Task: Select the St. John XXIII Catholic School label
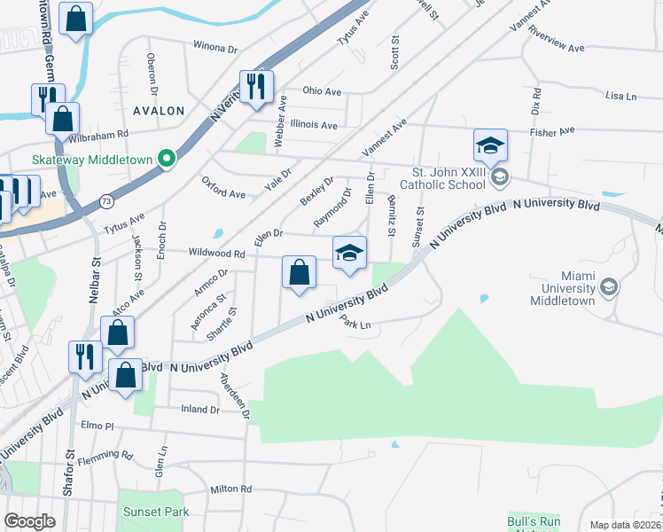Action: (448, 178)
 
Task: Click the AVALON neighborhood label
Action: (158, 111)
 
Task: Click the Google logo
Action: (30, 521)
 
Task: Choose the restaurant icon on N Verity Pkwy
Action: (257, 86)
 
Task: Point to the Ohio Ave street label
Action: (322, 90)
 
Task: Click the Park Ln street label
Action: (359, 325)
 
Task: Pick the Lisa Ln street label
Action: (620, 96)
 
